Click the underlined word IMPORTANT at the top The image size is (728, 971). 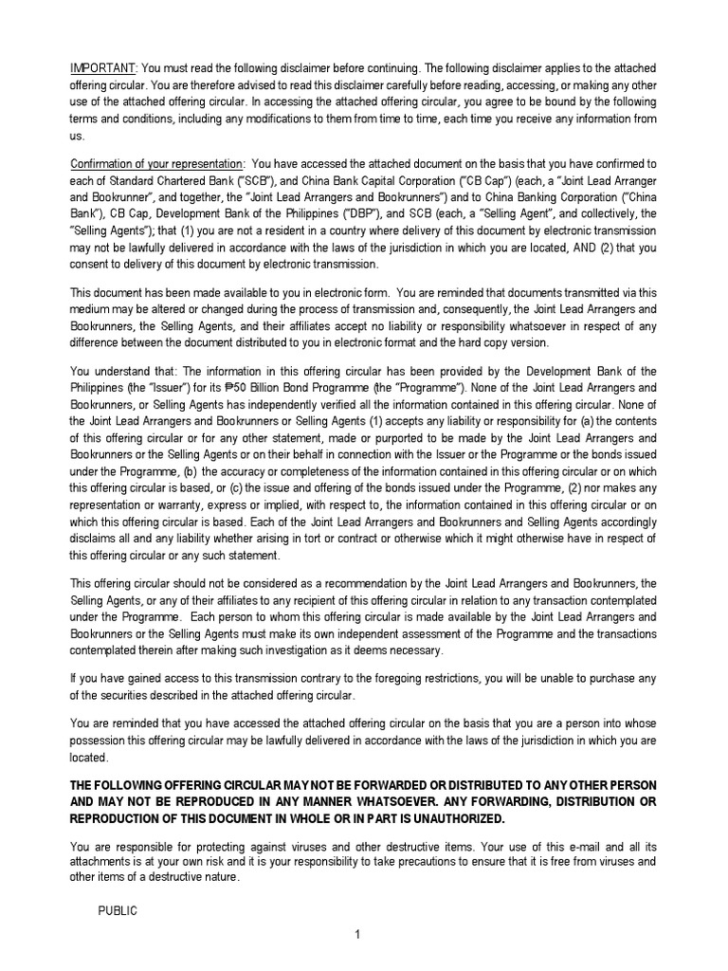click(x=104, y=69)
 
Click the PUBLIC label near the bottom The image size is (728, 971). click(x=118, y=910)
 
